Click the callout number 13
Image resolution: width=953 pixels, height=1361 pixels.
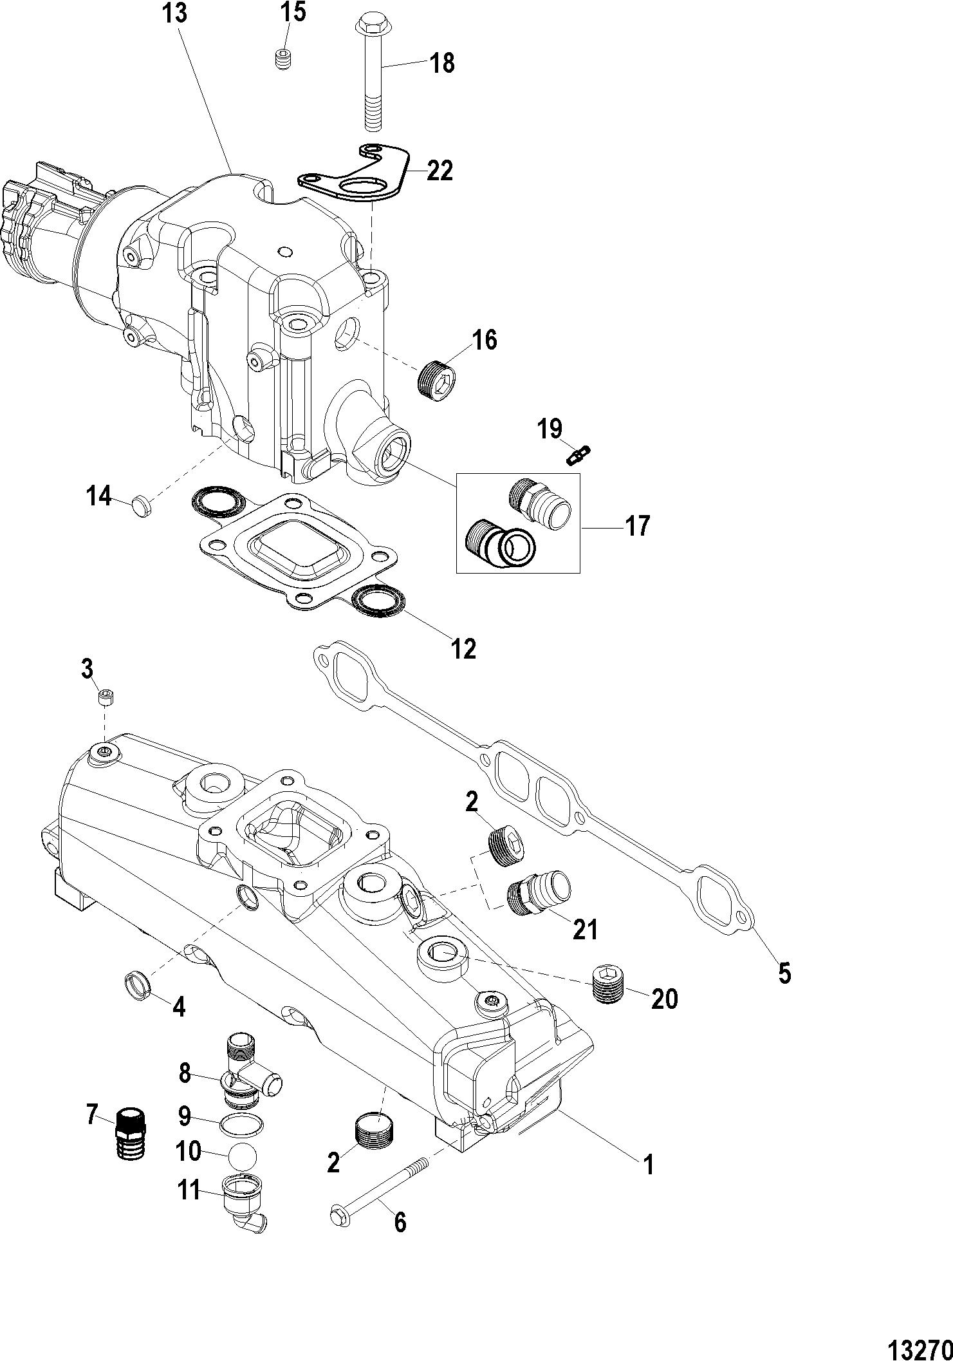point(174,14)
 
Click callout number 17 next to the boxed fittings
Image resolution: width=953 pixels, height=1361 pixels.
point(638,526)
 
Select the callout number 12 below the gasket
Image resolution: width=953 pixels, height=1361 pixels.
point(463,648)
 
